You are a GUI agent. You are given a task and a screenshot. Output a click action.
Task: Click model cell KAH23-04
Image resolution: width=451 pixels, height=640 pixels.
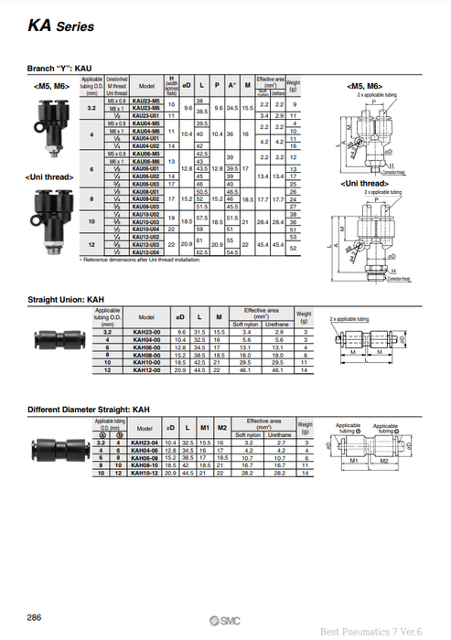145,443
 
